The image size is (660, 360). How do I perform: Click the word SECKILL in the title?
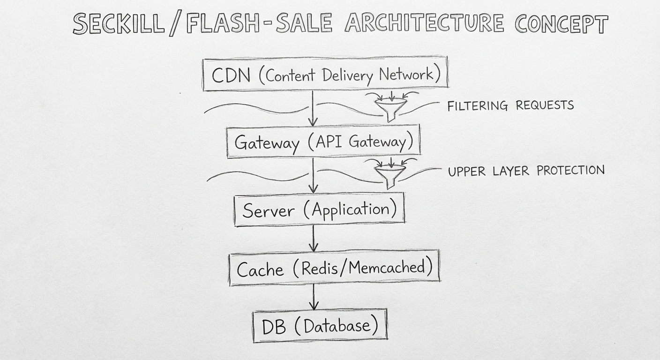pos(118,24)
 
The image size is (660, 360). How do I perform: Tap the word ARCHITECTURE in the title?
pos(424,23)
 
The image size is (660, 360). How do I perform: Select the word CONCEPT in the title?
pos(561,24)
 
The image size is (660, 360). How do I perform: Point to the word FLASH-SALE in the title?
pos(259,24)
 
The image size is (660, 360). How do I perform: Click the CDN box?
pos(325,74)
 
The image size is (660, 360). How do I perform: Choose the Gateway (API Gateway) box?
pos(323,142)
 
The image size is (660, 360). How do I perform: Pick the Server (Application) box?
pos(319,210)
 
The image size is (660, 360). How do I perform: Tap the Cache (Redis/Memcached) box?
pos(334,268)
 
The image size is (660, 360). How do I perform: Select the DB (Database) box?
pos(320,326)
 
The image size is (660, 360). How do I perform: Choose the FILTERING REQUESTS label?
pos(510,105)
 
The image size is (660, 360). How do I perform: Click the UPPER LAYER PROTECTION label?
pos(526,171)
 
